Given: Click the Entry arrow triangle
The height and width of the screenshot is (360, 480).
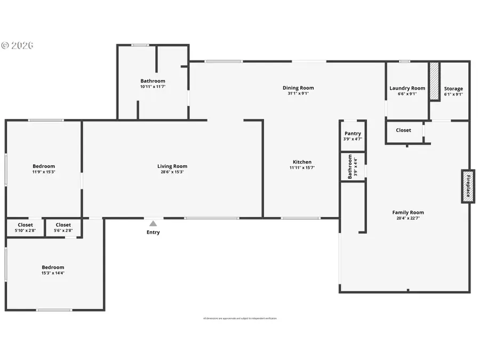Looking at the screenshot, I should [153, 224].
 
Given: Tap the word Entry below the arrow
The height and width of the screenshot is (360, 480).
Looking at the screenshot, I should [153, 232].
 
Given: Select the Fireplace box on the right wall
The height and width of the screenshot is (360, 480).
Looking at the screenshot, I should [468, 186].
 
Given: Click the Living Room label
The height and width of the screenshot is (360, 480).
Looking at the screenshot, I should [172, 166].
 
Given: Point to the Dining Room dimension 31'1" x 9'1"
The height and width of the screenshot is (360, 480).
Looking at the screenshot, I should [298, 93].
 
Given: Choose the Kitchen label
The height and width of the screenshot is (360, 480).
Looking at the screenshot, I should [302, 162].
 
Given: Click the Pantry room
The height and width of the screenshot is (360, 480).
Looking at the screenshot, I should [353, 136].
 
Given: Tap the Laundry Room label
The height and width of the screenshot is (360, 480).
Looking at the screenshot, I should [407, 89].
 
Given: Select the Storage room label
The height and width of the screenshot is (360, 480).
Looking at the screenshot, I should [453, 89].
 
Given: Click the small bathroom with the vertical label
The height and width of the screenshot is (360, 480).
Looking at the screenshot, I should [353, 167].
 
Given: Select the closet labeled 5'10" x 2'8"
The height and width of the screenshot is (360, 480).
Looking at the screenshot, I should [25, 228].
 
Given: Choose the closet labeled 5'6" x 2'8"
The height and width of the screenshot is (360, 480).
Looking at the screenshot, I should [63, 228].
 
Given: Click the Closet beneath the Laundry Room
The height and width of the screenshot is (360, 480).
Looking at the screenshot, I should [403, 130].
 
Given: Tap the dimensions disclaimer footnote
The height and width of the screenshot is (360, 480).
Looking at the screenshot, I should [240, 318].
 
